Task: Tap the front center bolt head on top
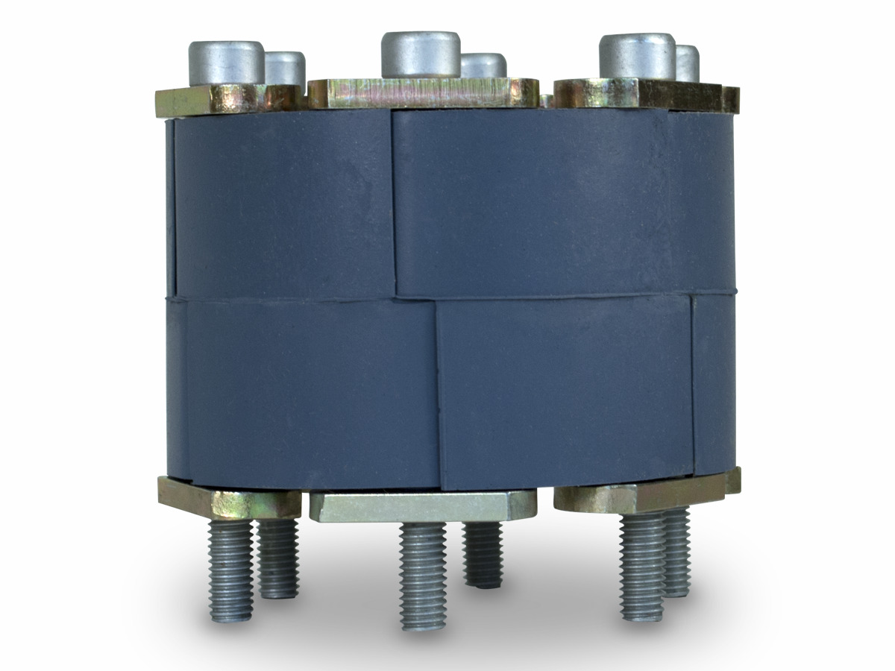pos(418,54)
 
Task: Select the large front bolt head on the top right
pos(637,56)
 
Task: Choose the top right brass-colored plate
pos(641,93)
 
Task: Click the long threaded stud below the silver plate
pos(423,574)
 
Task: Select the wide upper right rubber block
pos(552,201)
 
